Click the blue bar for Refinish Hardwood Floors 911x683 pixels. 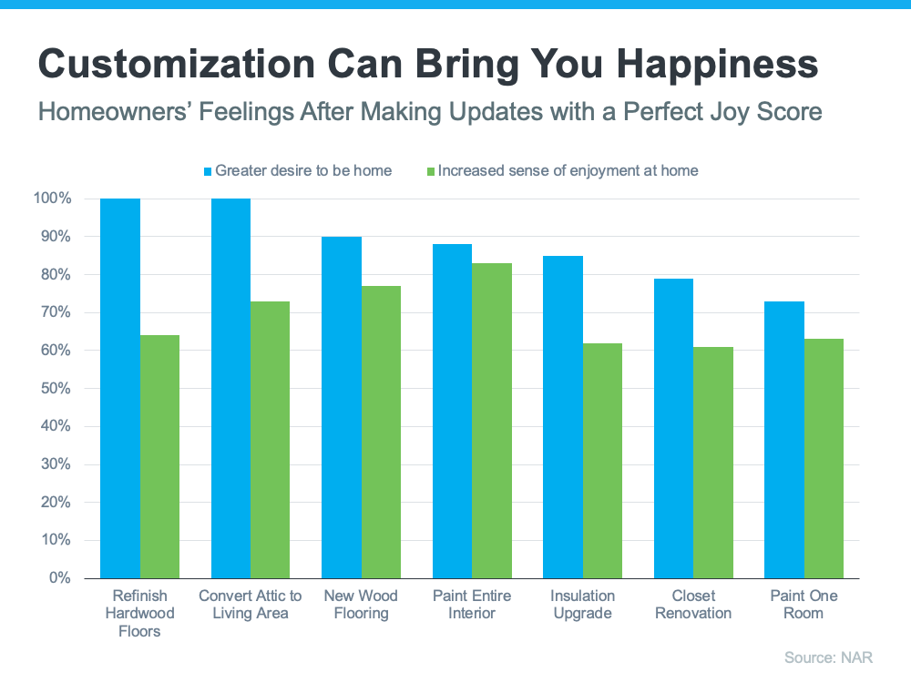pyautogui.click(x=120, y=388)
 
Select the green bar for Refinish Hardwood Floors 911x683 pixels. pyautogui.click(x=159, y=456)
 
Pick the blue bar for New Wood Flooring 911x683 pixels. pyautogui.click(x=342, y=407)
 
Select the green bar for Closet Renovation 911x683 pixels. pyautogui.click(x=713, y=463)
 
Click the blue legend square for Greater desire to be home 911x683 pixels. pyautogui.click(x=207, y=170)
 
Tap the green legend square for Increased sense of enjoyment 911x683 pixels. pyautogui.click(x=430, y=170)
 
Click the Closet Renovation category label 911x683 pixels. pyautogui.click(x=693, y=605)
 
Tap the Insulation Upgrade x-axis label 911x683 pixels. pyautogui.click(x=582, y=605)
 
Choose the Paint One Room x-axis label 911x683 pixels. pyautogui.click(x=804, y=605)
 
